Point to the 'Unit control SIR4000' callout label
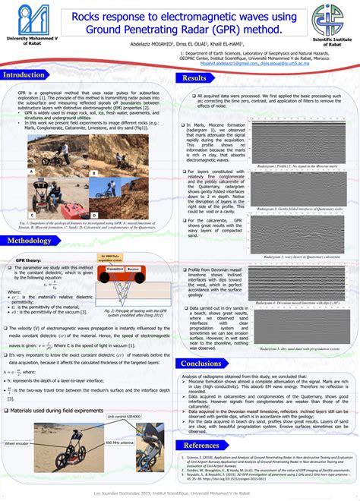125,416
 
